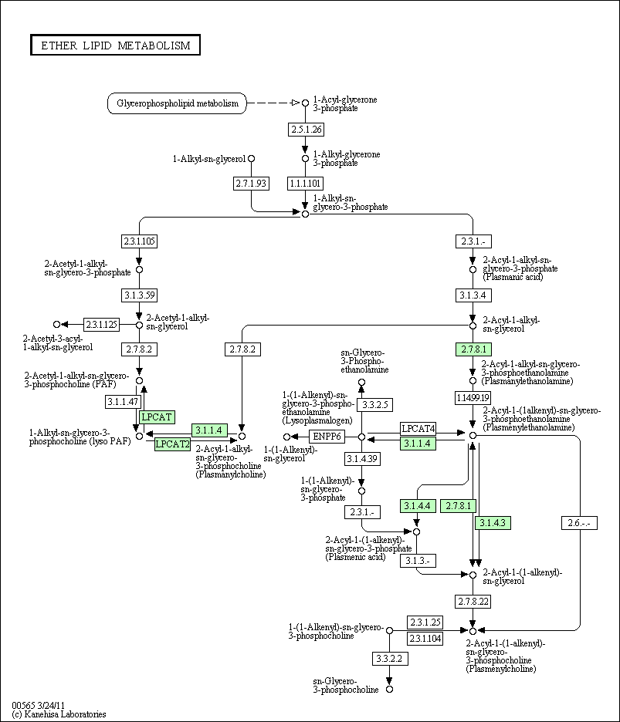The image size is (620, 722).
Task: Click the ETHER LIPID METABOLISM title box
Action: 115,45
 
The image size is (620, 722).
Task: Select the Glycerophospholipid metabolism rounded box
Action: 177,103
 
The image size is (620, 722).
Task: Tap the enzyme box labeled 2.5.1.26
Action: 307,130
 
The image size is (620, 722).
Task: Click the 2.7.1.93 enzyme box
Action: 251,184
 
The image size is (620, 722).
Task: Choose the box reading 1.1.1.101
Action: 305,184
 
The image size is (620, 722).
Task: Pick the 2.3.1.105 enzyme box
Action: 139,241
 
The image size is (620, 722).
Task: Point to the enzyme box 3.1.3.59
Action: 139,295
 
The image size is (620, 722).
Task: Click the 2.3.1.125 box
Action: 101,325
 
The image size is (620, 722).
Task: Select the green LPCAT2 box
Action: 172,444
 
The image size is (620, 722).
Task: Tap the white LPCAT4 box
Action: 418,429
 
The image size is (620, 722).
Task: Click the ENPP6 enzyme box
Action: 327,436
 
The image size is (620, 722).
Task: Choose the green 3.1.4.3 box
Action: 493,523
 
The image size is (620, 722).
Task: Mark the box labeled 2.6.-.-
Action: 579,523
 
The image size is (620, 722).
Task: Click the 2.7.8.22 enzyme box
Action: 473,602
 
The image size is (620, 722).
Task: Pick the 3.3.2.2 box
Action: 390,659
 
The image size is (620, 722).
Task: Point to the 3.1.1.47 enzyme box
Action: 123,402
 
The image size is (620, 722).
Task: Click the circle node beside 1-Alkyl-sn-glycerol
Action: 251,158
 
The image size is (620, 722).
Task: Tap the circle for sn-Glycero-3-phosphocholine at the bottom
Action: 389,690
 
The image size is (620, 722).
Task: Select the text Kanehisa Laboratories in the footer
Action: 65,714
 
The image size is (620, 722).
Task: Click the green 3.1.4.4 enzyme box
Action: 418,506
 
